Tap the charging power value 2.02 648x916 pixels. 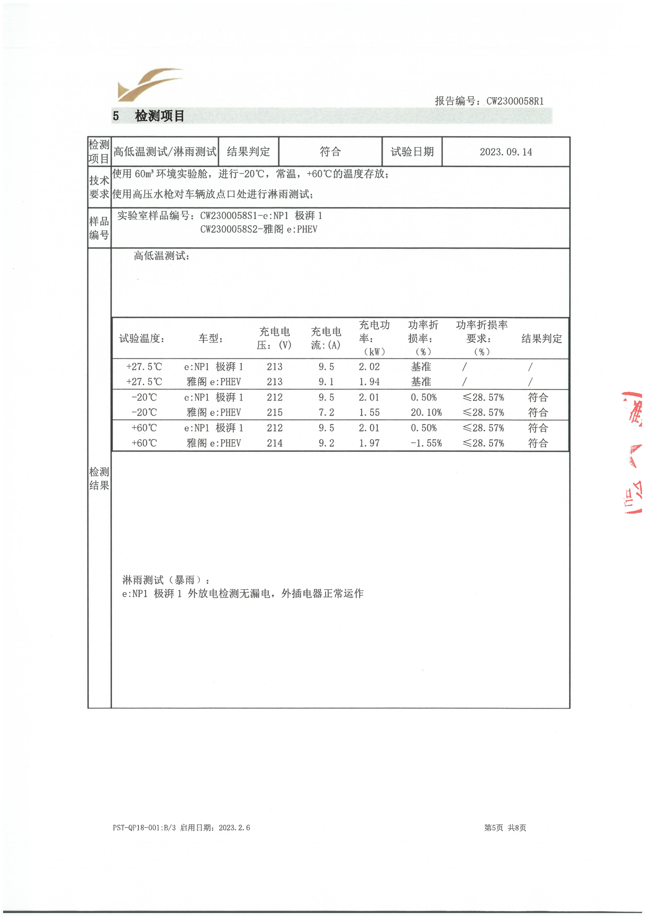(x=369, y=367)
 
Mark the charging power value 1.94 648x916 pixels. (x=369, y=382)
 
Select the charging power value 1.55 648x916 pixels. (x=369, y=412)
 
